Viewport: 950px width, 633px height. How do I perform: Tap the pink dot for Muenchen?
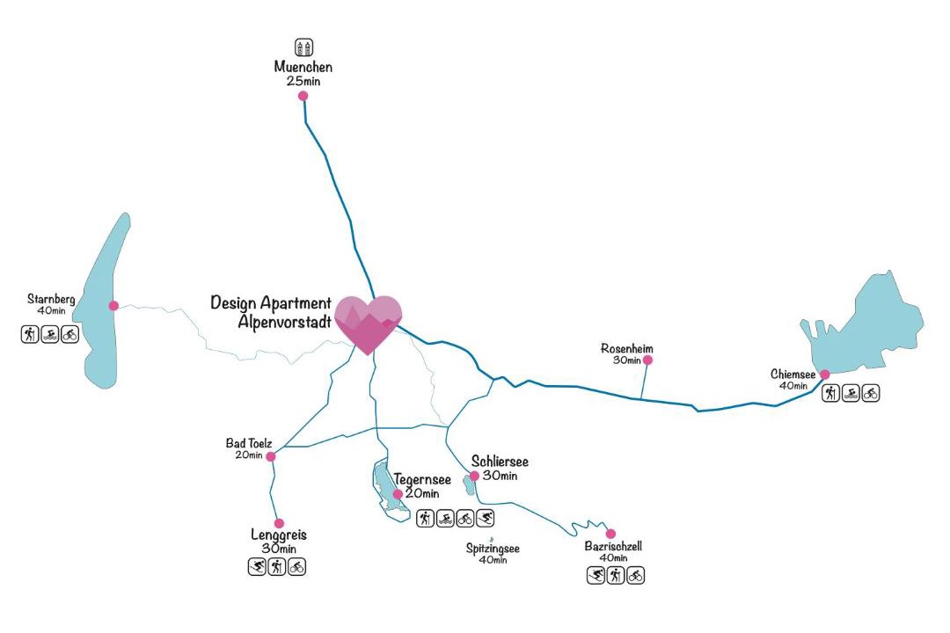(x=303, y=96)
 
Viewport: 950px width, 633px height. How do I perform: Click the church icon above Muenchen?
(x=303, y=47)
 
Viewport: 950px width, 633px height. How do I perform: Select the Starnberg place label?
(x=51, y=300)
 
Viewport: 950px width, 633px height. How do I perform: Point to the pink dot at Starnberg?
(x=113, y=306)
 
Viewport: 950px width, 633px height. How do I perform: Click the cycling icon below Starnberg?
(x=70, y=334)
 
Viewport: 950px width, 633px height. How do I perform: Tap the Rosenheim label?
(x=627, y=348)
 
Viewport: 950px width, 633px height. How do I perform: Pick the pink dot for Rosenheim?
(x=648, y=360)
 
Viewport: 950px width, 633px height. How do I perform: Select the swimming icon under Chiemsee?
(x=851, y=394)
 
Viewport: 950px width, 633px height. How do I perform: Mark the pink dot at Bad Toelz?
(x=271, y=456)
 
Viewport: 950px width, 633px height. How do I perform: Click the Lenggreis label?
(x=278, y=535)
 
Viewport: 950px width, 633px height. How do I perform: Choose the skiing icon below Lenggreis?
(x=257, y=566)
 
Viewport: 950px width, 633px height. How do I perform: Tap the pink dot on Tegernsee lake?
(x=398, y=494)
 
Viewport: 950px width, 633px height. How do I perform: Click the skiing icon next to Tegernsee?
(x=486, y=518)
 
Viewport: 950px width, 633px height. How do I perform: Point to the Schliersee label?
(x=500, y=462)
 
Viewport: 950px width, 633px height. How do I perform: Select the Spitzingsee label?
(x=493, y=549)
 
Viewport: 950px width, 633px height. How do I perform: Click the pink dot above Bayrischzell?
(x=610, y=534)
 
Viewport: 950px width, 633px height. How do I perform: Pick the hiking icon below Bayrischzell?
(x=616, y=576)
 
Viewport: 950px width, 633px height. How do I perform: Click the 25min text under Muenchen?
(x=303, y=81)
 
